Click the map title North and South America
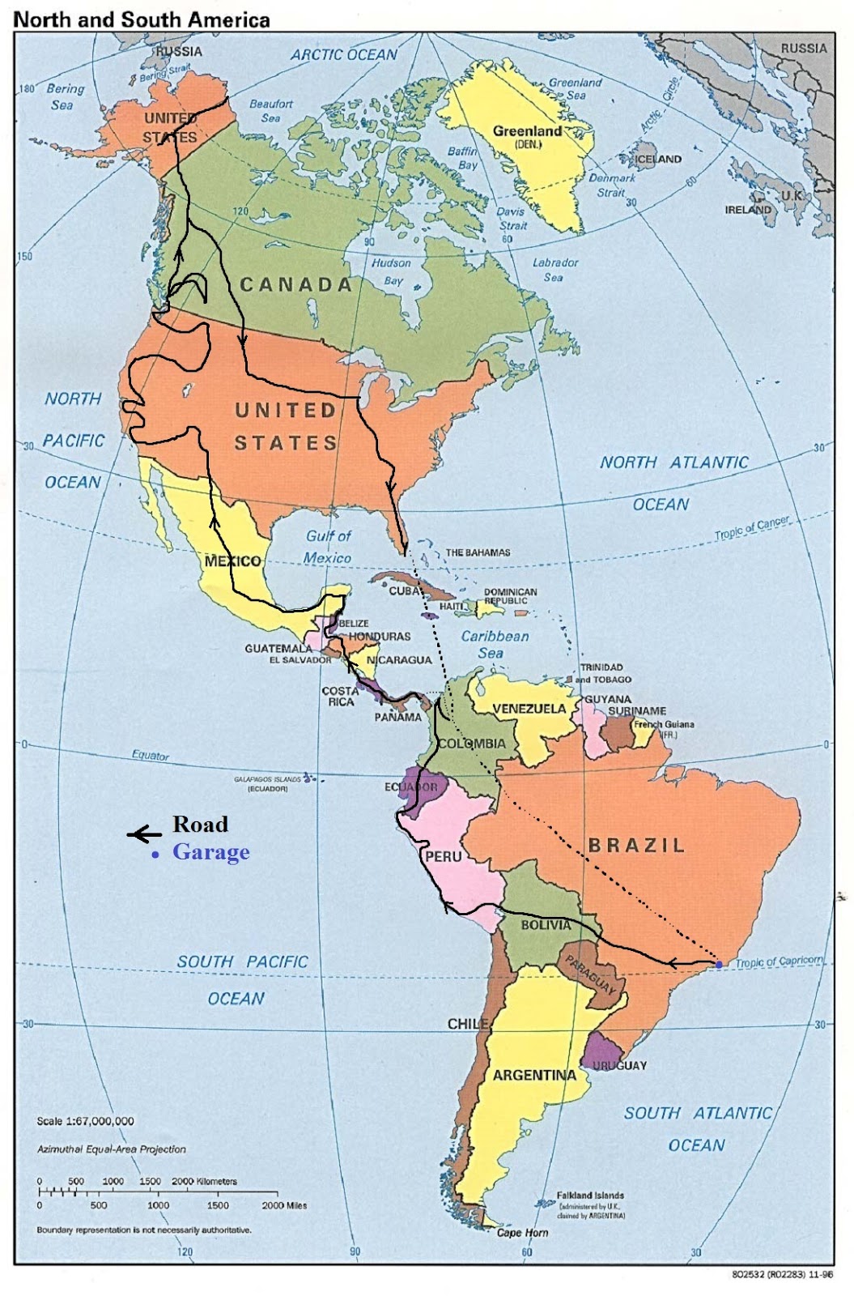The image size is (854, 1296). (x=142, y=19)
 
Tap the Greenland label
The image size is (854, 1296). (x=527, y=131)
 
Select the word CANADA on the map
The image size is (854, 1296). (x=296, y=284)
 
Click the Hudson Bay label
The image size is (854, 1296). (x=392, y=271)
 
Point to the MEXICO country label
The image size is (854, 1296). (x=232, y=561)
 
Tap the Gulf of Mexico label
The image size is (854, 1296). (x=328, y=547)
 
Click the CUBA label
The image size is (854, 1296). (x=405, y=590)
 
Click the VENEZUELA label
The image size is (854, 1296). (x=529, y=709)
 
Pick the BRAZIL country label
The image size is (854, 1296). (x=636, y=845)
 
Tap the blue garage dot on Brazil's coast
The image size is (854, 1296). (x=718, y=964)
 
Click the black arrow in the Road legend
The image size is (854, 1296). (x=144, y=833)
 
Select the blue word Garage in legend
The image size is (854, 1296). (x=210, y=852)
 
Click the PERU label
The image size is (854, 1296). (x=444, y=856)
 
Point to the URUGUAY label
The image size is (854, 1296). (x=619, y=1065)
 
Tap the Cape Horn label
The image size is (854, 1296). (x=522, y=1232)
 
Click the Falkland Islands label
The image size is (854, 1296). (x=590, y=1195)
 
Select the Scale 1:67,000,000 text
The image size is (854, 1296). (x=85, y=1121)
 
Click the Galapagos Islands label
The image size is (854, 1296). (x=267, y=779)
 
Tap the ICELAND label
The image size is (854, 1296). (x=657, y=159)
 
